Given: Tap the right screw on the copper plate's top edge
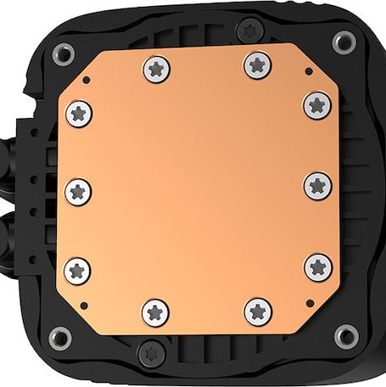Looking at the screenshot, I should tap(257, 64).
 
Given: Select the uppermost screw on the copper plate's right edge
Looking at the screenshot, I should tap(316, 104).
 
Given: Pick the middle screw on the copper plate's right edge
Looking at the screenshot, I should tap(317, 184).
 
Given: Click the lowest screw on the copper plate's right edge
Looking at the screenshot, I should tap(316, 266).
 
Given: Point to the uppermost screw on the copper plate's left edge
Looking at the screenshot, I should tap(78, 110).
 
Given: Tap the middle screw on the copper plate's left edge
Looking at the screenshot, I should tap(77, 189).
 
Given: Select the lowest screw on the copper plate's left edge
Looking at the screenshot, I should tap(78, 270).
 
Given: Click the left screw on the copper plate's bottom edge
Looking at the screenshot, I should tap(157, 311).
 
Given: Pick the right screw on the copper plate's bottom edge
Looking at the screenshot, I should tap(257, 311).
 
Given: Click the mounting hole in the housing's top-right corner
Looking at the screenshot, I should tap(344, 40).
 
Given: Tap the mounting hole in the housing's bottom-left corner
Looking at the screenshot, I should tap(60, 333).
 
